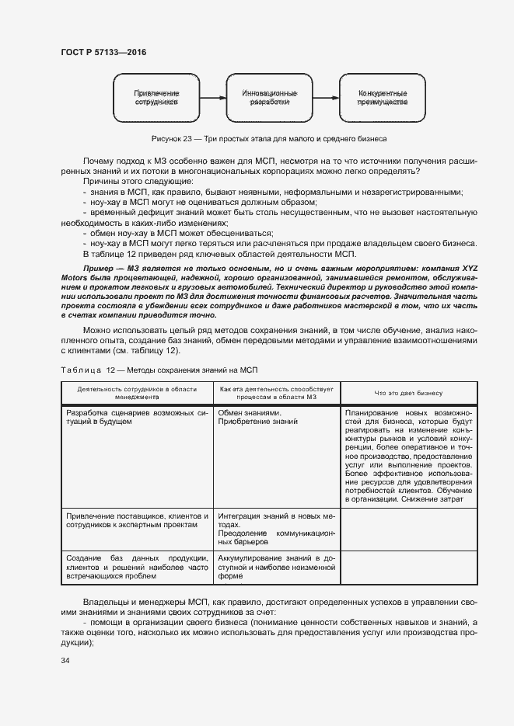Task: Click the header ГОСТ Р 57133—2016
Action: (103, 52)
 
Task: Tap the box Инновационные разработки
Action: (270, 97)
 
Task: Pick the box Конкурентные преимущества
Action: (382, 97)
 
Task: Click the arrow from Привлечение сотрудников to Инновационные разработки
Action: (212, 97)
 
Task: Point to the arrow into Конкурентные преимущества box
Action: (326, 97)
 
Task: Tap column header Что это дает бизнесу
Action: (407, 392)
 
